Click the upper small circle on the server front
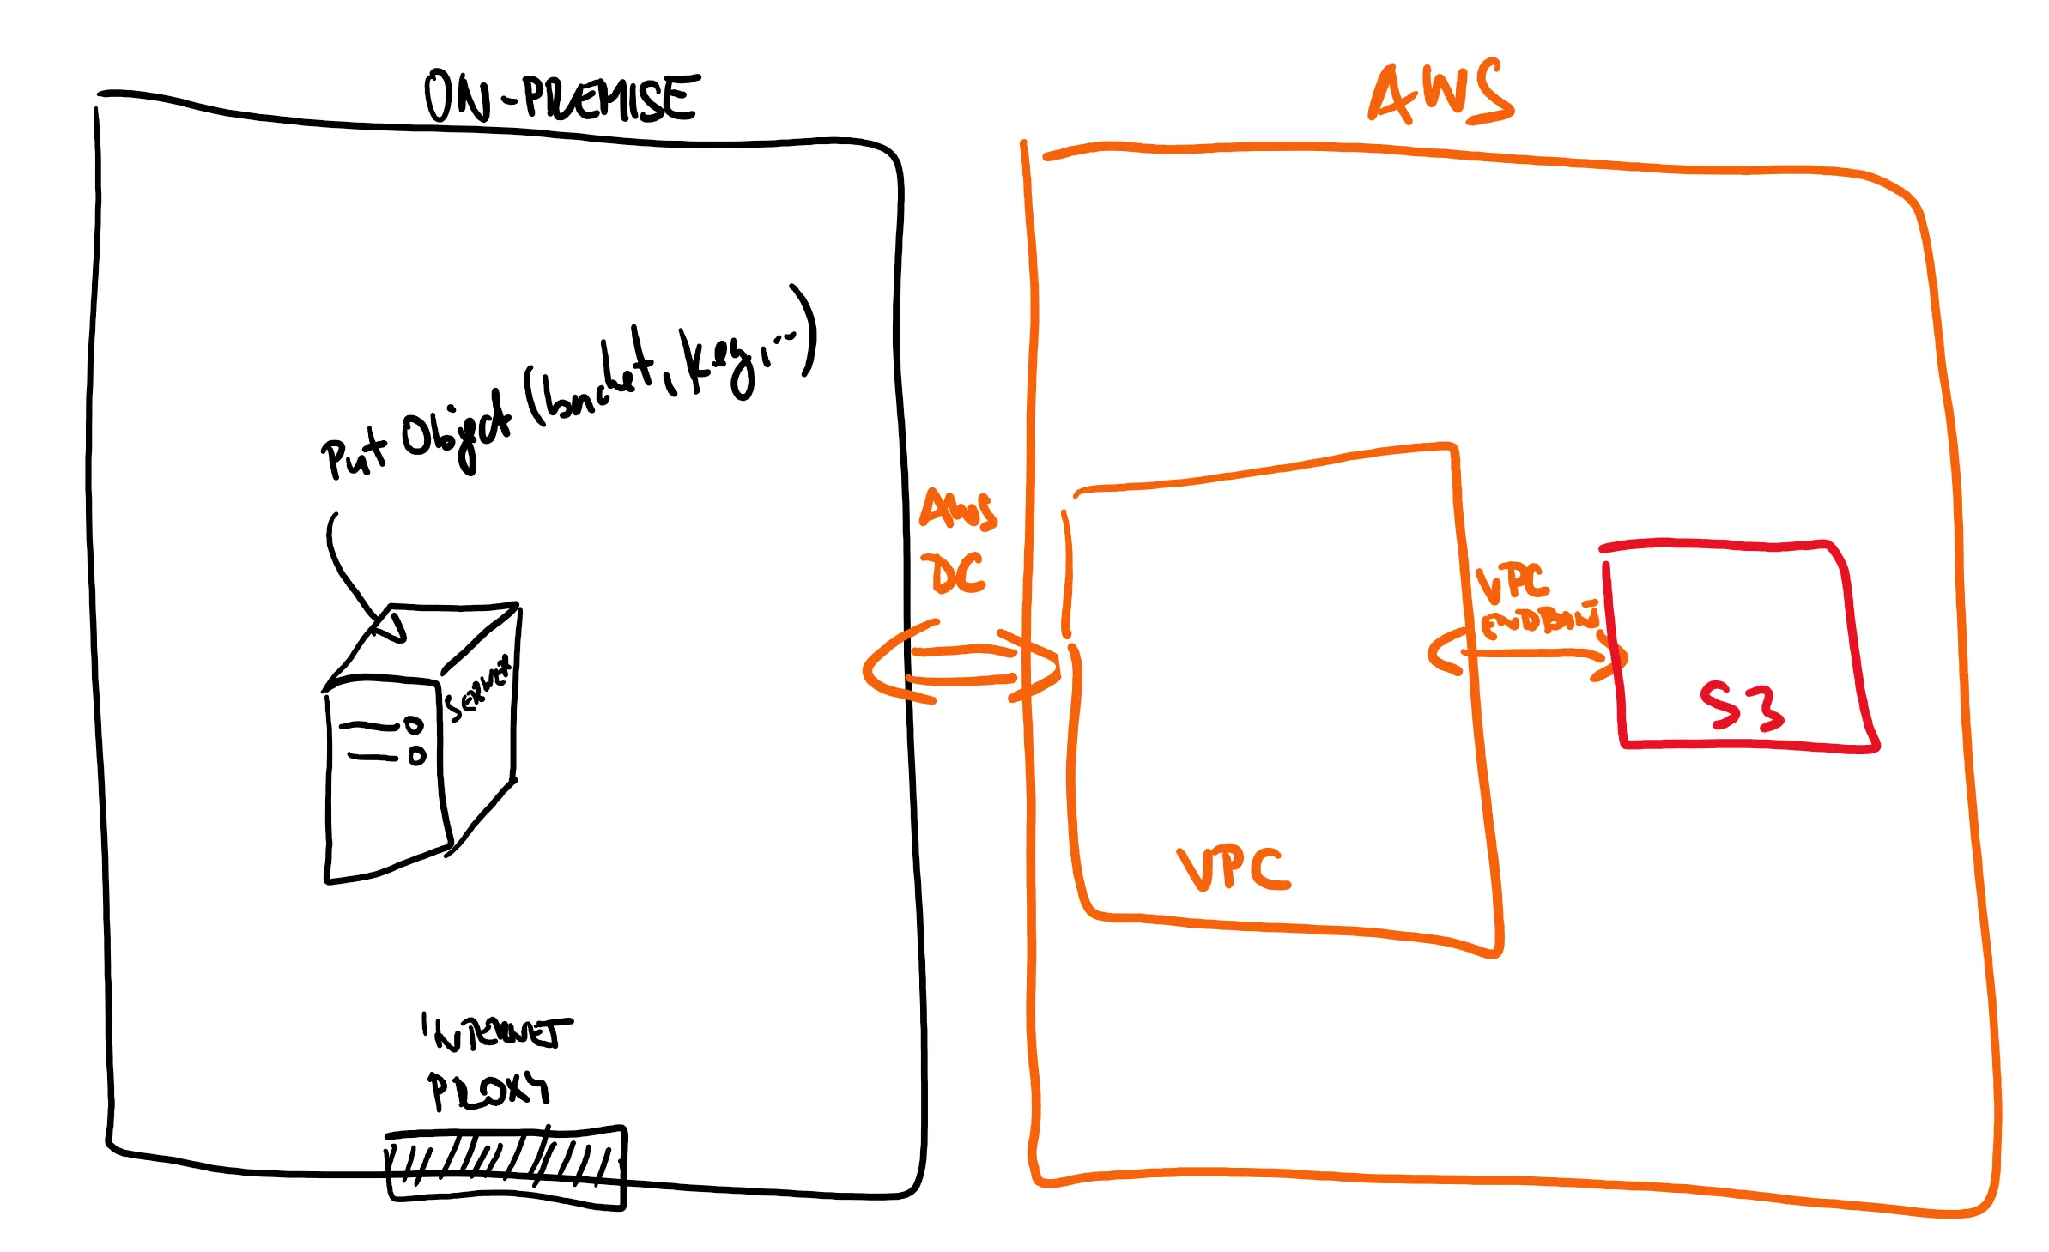pos(415,725)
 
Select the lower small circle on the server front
pos(417,756)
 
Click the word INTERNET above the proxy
pos(498,1032)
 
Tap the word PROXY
pos(488,1090)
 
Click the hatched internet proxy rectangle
pos(506,1167)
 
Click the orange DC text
pos(958,573)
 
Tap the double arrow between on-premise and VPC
pos(961,665)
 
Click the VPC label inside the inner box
pos(1233,868)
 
